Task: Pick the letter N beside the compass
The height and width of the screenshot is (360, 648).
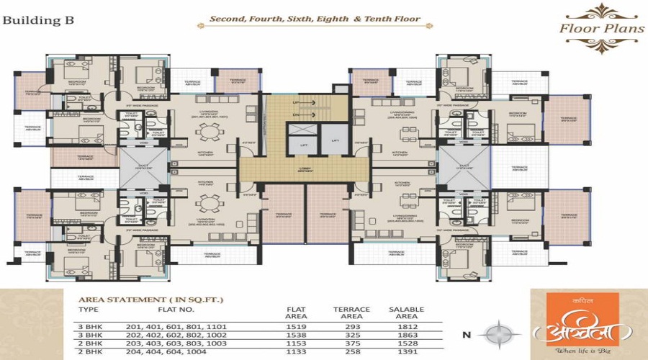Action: tap(467, 335)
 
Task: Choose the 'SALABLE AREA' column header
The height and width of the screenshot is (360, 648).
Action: tap(406, 312)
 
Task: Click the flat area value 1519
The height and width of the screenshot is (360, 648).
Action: tap(297, 326)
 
